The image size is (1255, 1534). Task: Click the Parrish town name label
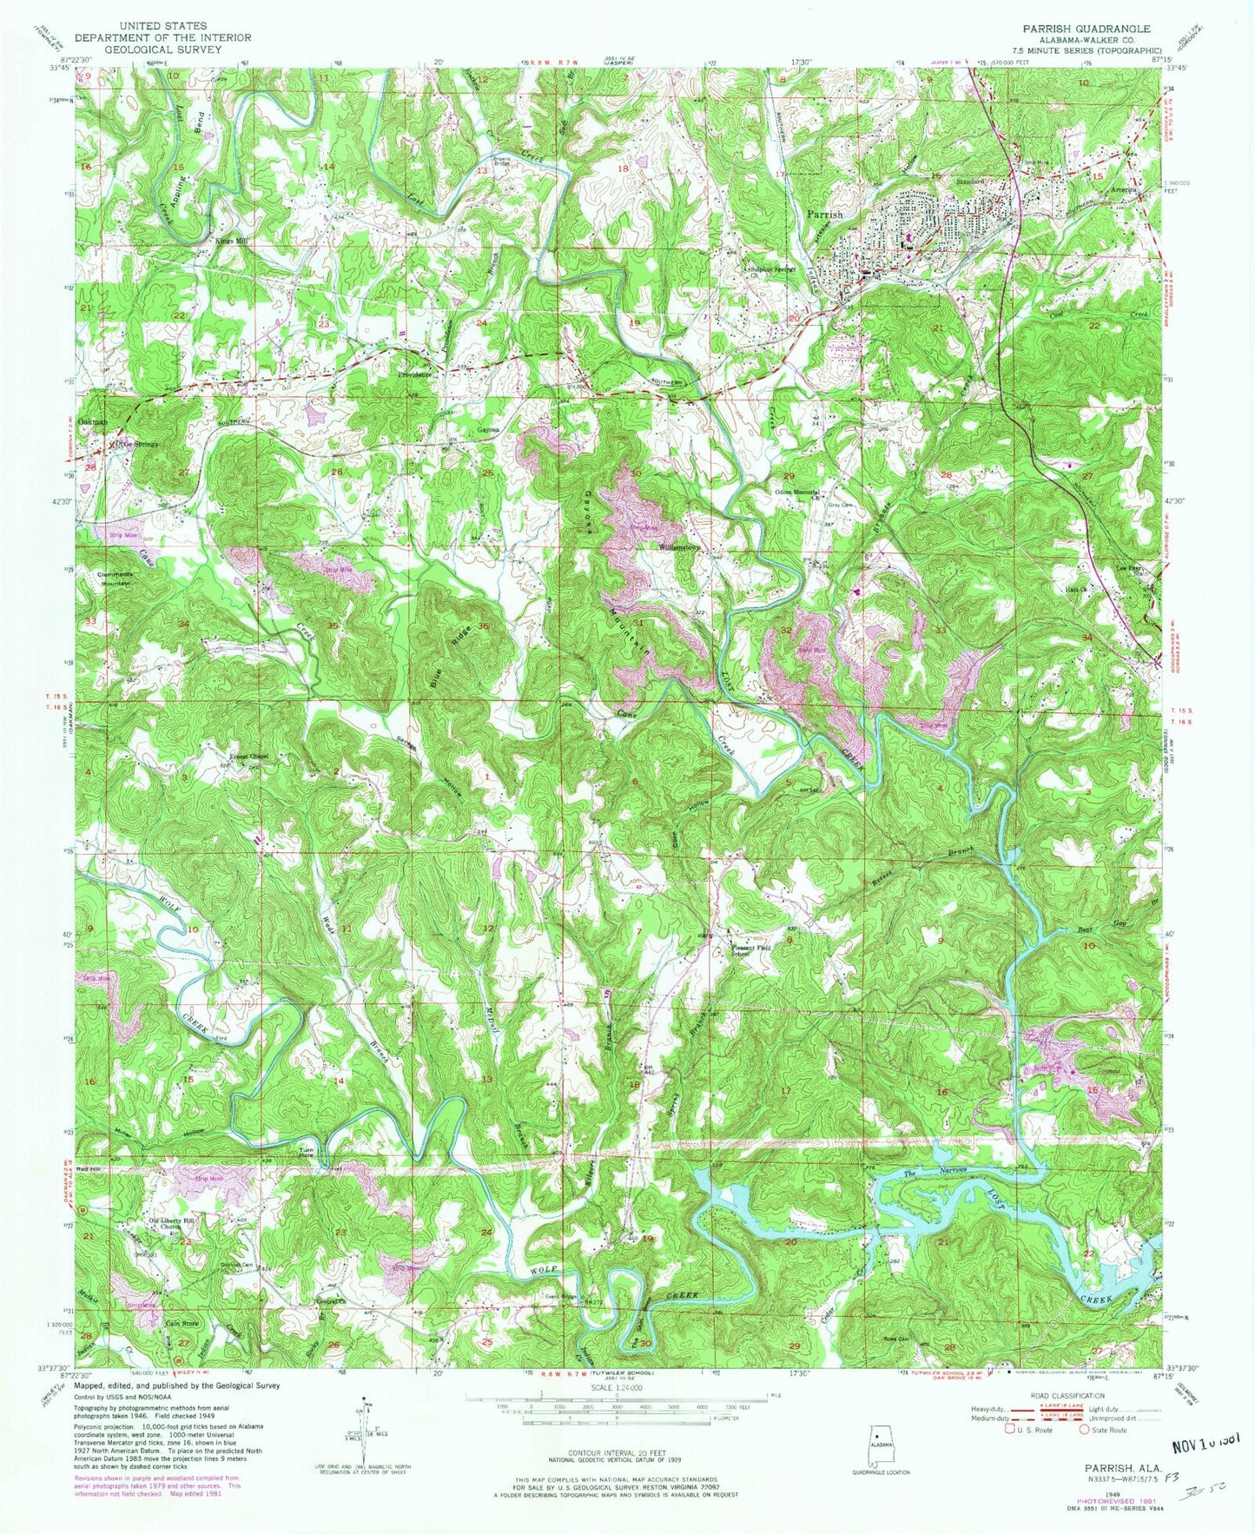[824, 214]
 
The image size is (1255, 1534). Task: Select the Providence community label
[415, 374]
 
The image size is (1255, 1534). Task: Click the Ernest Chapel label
[249, 757]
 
